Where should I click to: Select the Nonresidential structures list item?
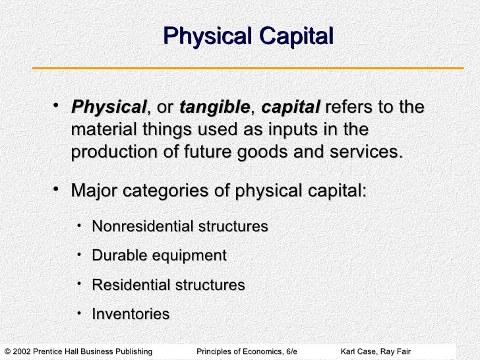[180, 227]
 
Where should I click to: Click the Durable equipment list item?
[159, 256]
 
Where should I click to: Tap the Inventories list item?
[131, 315]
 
